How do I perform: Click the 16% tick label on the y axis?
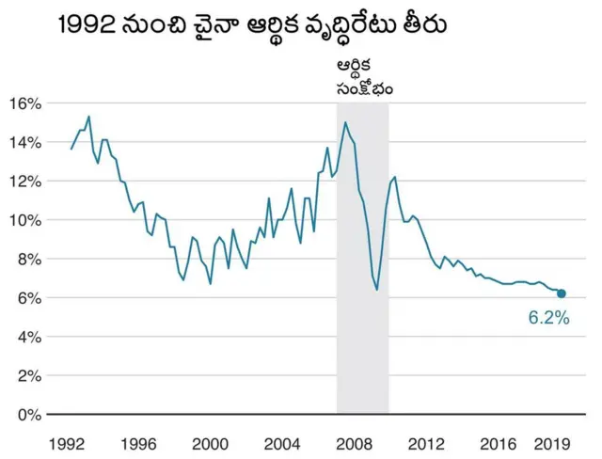[x=25, y=103]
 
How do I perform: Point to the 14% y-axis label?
[x=25, y=142]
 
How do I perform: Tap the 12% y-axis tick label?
[x=25, y=181]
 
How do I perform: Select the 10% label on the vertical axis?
[x=25, y=220]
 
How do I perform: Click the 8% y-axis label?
[x=29, y=259]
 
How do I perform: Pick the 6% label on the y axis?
[x=29, y=297]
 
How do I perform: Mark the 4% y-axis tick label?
[x=29, y=337]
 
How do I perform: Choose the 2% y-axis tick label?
[x=29, y=375]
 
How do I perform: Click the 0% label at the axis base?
[x=29, y=414]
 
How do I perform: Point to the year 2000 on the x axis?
[x=211, y=441]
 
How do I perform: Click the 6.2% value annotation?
[x=548, y=318]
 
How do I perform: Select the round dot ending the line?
[x=562, y=293]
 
